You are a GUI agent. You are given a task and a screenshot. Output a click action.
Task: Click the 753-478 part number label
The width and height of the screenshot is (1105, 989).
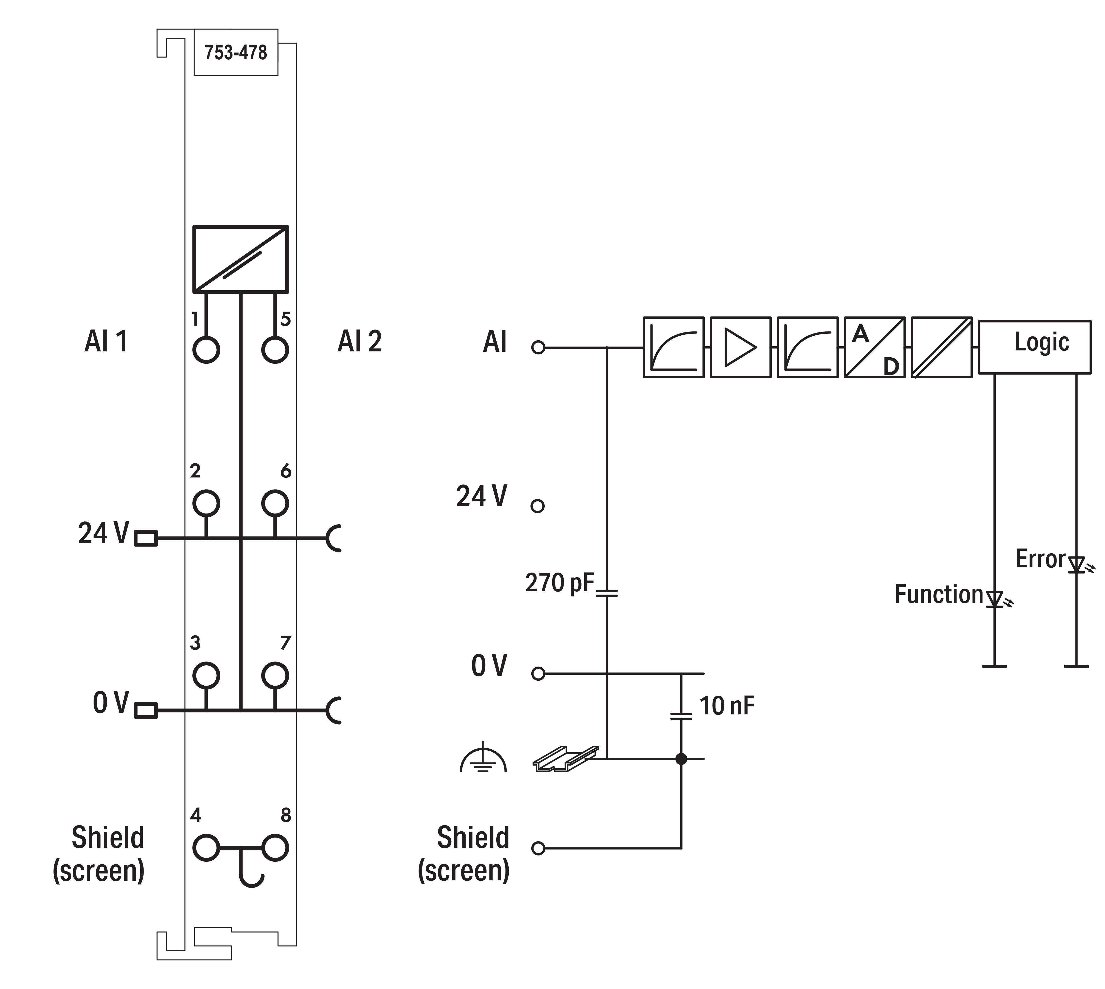pyautogui.click(x=236, y=53)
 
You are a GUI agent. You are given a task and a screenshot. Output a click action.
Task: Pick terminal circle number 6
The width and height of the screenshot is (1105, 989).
pyautogui.click(x=275, y=503)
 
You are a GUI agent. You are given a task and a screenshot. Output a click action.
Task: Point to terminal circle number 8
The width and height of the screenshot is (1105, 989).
pyautogui.click(x=275, y=848)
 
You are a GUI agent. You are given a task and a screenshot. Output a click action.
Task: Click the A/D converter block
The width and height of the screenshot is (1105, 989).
pyautogui.click(x=875, y=347)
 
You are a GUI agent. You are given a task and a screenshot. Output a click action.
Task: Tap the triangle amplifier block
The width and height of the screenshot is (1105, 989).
pyautogui.click(x=740, y=347)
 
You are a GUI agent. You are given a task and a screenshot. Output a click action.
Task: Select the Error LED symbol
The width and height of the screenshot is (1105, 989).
pyautogui.click(x=1076, y=565)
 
